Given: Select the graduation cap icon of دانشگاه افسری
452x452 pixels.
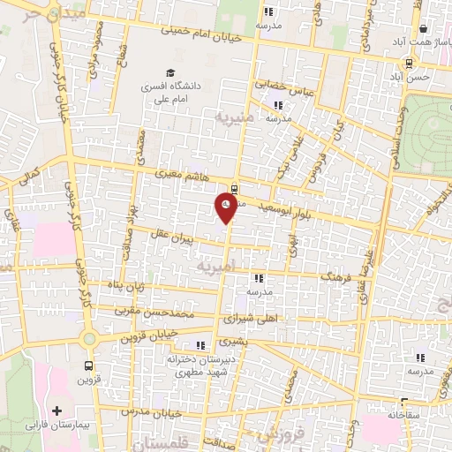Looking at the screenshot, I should pos(169,73).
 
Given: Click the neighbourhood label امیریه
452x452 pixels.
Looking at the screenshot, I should pos(215,264).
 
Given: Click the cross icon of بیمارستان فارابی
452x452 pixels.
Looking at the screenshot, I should pos(58,411).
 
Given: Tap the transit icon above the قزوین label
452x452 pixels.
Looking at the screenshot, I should pos(89,365).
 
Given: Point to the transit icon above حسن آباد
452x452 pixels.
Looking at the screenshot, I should pos(409,64).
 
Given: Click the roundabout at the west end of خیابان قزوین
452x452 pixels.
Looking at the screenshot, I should pos(88,338).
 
